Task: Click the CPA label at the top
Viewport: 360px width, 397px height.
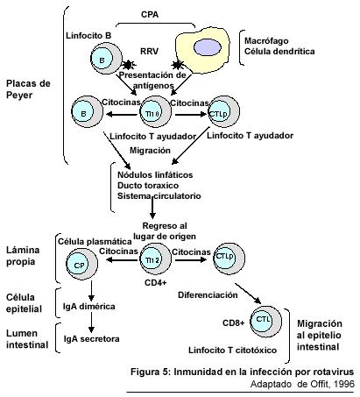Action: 150,14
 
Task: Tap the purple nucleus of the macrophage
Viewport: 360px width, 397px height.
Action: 208,47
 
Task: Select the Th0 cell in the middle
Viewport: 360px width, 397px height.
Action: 156,111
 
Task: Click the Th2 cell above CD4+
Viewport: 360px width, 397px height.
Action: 155,259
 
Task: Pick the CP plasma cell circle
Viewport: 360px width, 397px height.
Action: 81,265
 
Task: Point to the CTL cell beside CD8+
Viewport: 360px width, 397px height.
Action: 266,321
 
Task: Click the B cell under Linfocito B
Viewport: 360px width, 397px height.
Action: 106,60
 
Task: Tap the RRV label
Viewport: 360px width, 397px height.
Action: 149,51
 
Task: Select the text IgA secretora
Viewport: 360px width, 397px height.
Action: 92,339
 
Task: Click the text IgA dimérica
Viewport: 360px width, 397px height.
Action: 89,307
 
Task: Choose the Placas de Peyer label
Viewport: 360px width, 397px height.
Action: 28,89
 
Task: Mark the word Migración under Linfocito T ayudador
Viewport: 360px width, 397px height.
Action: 150,151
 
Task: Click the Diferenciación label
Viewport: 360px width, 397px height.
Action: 208,295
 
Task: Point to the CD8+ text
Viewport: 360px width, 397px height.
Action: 234,323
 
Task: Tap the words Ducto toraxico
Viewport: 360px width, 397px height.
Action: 148,186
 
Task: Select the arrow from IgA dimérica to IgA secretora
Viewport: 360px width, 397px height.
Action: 91,323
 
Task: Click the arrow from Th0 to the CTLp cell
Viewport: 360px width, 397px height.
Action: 191,114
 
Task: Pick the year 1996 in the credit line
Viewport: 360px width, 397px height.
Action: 344,384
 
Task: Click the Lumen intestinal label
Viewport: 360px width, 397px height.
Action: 27,339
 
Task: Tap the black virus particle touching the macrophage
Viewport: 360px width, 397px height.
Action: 177,65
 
